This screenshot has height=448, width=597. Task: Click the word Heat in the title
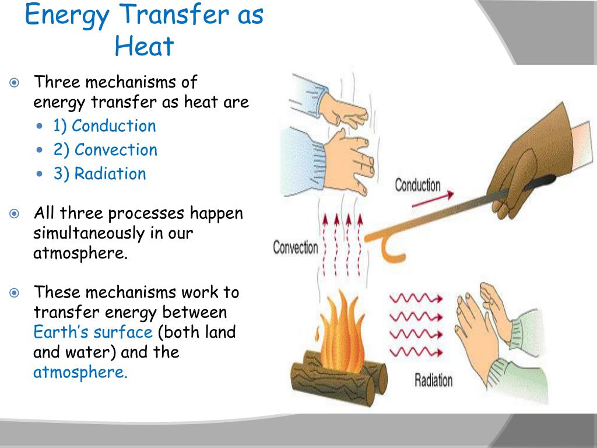pos(144,45)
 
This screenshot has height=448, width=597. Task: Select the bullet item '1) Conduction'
pos(104,126)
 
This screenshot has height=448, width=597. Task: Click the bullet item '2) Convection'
pos(105,150)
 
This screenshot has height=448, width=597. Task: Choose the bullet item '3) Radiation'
pos(100,174)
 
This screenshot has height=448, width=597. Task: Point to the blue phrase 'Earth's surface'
pos(93,332)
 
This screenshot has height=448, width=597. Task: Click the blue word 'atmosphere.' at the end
pos(80,372)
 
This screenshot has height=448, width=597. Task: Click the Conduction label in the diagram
pos(417,185)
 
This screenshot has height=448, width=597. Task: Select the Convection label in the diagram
pos(296,247)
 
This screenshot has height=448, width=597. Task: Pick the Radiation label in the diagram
pos(433,380)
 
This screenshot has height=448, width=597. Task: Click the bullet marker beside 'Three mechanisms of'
pos(15,82)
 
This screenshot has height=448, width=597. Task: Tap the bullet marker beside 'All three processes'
pos(15,213)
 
